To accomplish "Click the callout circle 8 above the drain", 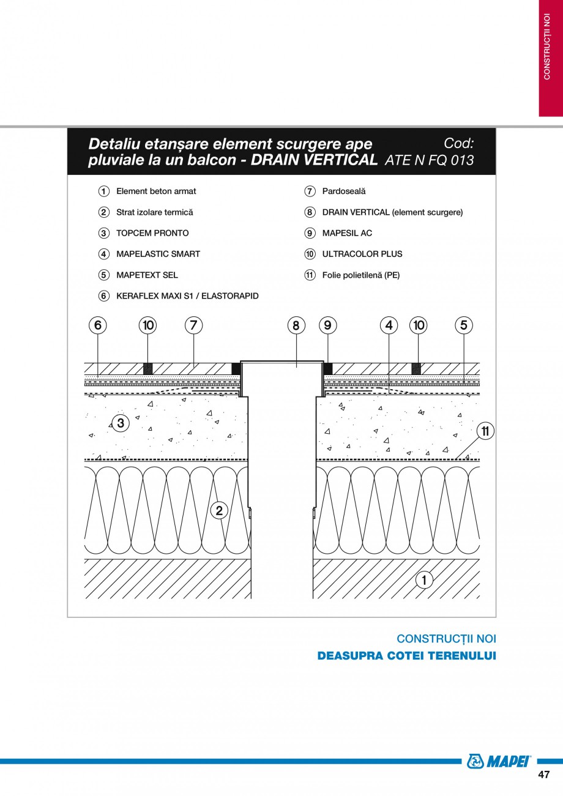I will (x=296, y=325).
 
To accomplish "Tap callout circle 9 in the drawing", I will (x=327, y=325).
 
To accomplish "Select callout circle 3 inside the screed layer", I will (x=121, y=422).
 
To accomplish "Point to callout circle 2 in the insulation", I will (x=219, y=510).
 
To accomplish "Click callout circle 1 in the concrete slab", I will (x=424, y=579).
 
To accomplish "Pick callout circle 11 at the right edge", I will (x=485, y=431).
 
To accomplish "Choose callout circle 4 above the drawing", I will (x=389, y=325).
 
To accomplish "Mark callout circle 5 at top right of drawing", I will (x=463, y=325).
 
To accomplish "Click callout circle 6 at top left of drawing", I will (x=98, y=325).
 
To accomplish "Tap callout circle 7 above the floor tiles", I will (x=193, y=325).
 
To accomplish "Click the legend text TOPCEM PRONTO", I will (x=152, y=233).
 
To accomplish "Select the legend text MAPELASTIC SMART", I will (x=158, y=254).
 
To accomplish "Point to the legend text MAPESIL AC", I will (x=347, y=233).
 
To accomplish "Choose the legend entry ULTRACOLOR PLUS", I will (x=362, y=254).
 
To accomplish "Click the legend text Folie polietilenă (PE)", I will (x=360, y=275).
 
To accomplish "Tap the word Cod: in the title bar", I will (x=458, y=143).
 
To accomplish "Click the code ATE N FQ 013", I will (x=430, y=160).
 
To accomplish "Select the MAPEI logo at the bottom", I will (x=499, y=761).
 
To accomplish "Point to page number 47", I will (x=543, y=775).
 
